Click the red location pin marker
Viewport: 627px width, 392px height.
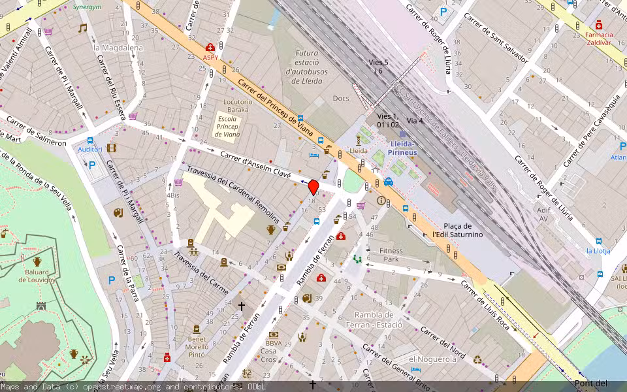313,187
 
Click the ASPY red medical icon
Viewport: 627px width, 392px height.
210,48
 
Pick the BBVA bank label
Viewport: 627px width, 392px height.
274,343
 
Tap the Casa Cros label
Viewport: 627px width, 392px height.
268,355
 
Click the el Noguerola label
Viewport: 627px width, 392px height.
432,359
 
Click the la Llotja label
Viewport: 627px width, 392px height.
598,251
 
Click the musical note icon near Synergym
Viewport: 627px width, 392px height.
82,28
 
